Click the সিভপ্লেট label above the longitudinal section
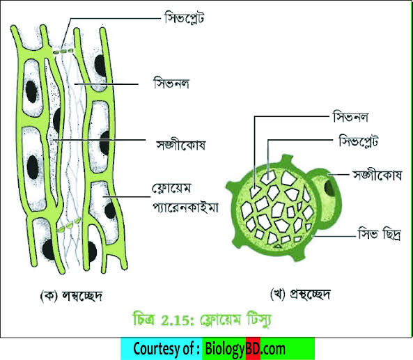coord(184,18)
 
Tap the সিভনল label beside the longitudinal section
coord(171,84)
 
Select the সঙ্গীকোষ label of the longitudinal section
coord(180,145)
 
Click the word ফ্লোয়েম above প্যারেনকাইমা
coord(171,189)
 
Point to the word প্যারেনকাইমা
coord(185,208)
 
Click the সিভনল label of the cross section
coord(350,117)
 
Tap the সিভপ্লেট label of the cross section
coord(359,141)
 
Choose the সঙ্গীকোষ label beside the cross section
coord(377,175)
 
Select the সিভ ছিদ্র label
coord(380,233)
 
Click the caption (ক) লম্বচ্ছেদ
coord(71,296)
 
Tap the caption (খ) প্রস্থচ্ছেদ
coord(301,294)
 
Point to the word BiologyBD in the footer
coord(233,349)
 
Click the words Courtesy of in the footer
coord(164,348)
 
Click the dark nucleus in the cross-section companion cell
coord(330,187)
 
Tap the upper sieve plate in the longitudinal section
coord(63,52)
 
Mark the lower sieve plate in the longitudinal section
coord(69,226)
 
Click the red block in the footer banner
coord(253,348)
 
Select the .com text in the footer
coord(273,349)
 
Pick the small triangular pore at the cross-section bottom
coord(277,246)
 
